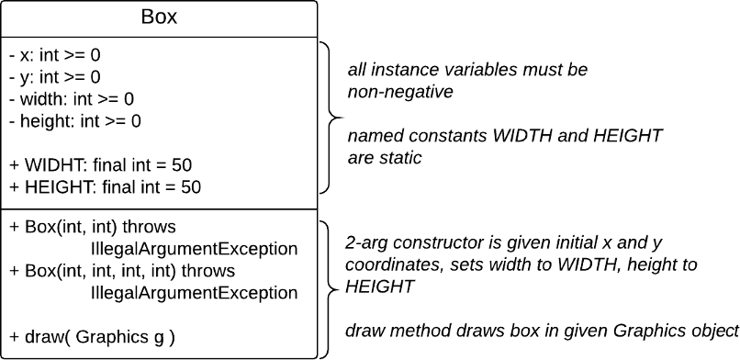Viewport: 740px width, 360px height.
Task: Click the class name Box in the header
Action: click(x=160, y=17)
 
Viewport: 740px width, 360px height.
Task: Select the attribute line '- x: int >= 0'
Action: click(x=55, y=55)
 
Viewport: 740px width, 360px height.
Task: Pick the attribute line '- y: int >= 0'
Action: click(x=55, y=77)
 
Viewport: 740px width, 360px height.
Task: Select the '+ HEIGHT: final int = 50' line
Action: click(x=105, y=187)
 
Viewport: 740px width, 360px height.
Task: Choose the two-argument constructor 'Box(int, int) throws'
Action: click(x=99, y=226)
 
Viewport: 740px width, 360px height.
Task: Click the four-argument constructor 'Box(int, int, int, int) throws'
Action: click(x=122, y=271)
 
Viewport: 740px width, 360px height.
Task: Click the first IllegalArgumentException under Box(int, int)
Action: click(x=195, y=248)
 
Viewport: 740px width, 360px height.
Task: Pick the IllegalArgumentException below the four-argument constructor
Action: click(x=195, y=293)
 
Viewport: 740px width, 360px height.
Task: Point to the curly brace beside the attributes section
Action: click(x=331, y=117)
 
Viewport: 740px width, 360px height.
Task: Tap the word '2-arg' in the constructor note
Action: click(x=364, y=244)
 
